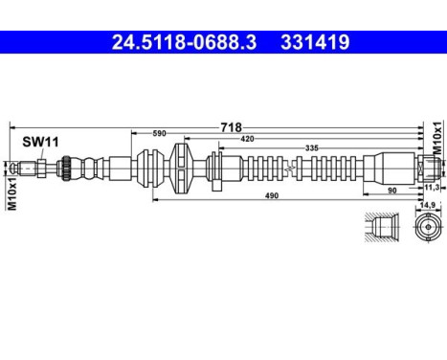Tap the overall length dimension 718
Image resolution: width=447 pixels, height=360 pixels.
231,126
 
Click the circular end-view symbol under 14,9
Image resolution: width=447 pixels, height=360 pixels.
428,232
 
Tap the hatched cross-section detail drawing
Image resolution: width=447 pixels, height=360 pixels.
381,231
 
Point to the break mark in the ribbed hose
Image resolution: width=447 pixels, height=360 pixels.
288,169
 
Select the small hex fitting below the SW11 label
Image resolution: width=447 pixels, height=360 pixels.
38,169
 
